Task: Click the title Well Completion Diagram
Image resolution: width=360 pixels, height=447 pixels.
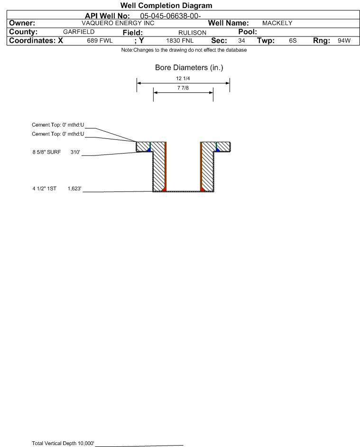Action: tap(166, 6)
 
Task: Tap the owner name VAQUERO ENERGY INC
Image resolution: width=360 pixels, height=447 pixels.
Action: tap(118, 23)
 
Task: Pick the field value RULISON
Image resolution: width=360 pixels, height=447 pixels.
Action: tap(192, 32)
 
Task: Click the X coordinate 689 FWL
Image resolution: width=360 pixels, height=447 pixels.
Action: tap(100, 41)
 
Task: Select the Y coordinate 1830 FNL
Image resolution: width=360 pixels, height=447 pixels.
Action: tap(180, 41)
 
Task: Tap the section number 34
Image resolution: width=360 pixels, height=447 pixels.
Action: tap(241, 41)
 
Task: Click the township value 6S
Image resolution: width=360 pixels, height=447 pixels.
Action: tap(293, 41)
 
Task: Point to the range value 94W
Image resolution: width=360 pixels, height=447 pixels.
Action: tap(344, 41)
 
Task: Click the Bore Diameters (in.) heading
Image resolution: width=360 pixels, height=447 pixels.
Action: tap(189, 68)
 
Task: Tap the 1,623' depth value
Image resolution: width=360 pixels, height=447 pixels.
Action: tap(75, 189)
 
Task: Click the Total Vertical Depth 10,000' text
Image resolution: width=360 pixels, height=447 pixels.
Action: tap(63, 443)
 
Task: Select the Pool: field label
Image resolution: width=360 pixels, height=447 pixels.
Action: tap(247, 32)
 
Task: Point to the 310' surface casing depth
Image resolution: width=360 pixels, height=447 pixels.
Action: tap(75, 153)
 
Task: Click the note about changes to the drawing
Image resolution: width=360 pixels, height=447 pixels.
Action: tap(184, 51)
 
